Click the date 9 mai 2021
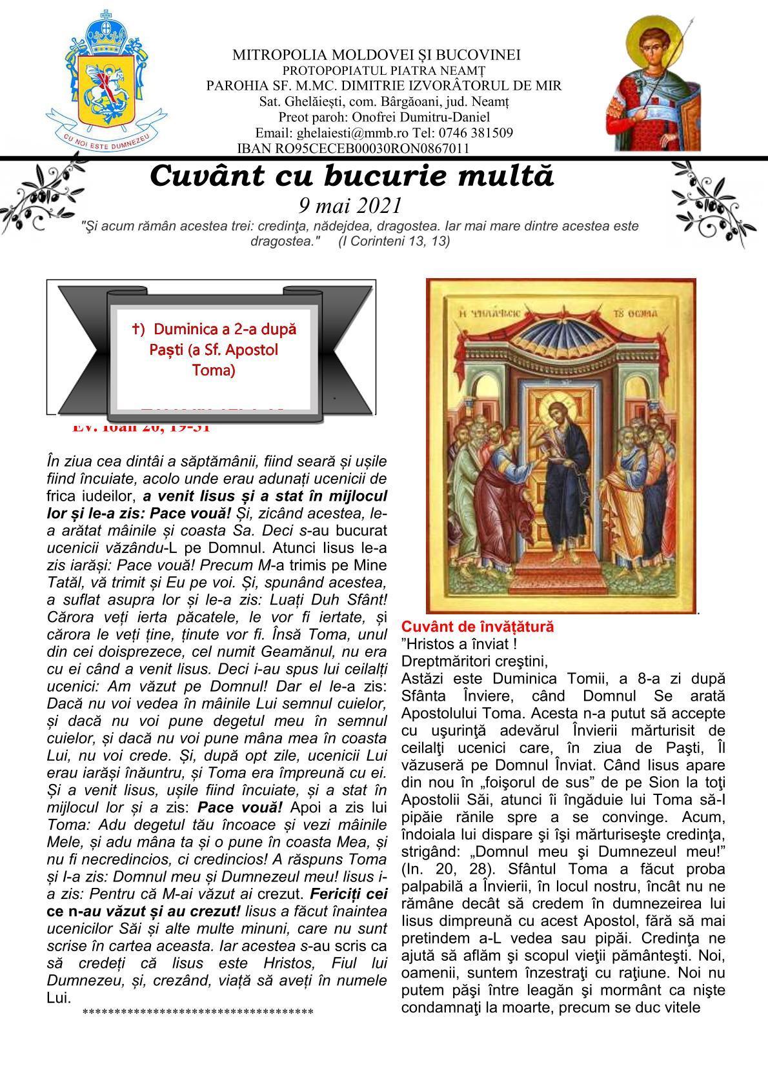click(350, 205)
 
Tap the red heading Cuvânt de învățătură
click(478, 626)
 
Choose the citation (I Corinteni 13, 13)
click(394, 241)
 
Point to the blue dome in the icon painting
click(561, 348)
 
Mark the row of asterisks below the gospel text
click(197, 1012)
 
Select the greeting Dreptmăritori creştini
click(474, 661)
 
